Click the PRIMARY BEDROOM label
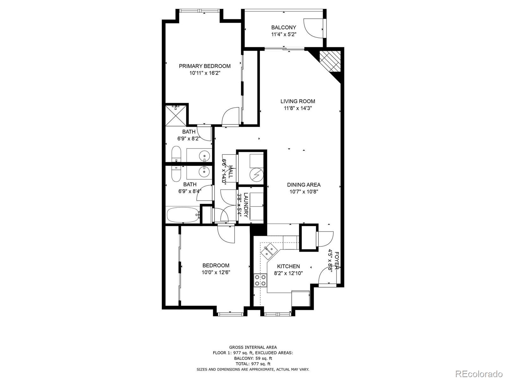205,66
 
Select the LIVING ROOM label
298,101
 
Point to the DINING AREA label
304,185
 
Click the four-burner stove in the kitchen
260,280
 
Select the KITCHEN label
288,266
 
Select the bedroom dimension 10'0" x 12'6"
216,272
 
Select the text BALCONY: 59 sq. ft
253,358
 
